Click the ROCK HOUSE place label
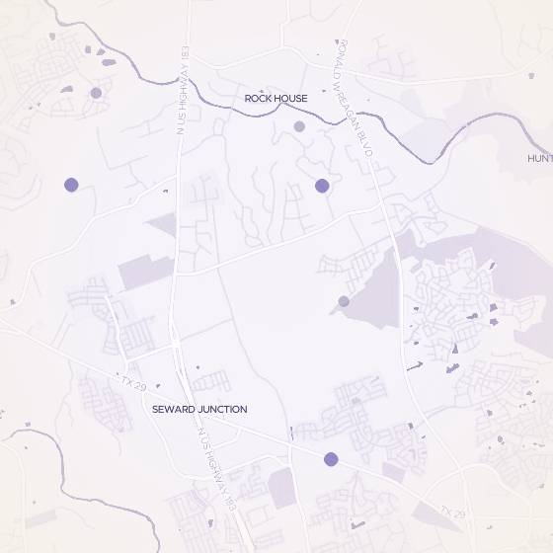pos(276,99)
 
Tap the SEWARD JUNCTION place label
pos(199,409)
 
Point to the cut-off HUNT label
pos(539,158)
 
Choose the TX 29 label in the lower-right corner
pos(452,512)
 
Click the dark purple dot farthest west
pos(71,185)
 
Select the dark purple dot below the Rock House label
pos(322,186)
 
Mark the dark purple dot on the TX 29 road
pos(331,459)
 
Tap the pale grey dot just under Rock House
pos(299,126)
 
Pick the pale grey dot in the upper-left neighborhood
pos(96,93)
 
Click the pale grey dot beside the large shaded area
pos(344,301)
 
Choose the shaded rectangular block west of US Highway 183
pos(143,273)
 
